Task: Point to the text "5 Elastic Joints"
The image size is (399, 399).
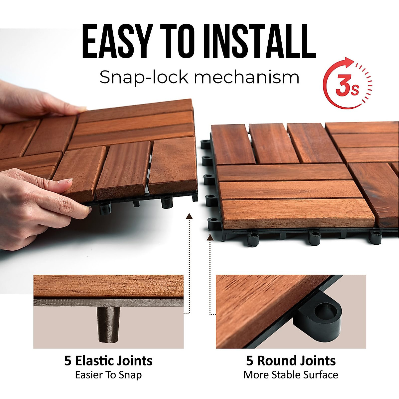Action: click(108, 361)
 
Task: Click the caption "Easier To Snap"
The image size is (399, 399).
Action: click(108, 375)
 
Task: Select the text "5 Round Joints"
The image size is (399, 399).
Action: click(291, 361)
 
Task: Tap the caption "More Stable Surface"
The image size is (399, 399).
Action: click(291, 375)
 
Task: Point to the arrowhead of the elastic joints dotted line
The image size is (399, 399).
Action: click(189, 216)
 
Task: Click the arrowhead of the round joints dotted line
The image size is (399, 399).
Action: click(210, 237)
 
